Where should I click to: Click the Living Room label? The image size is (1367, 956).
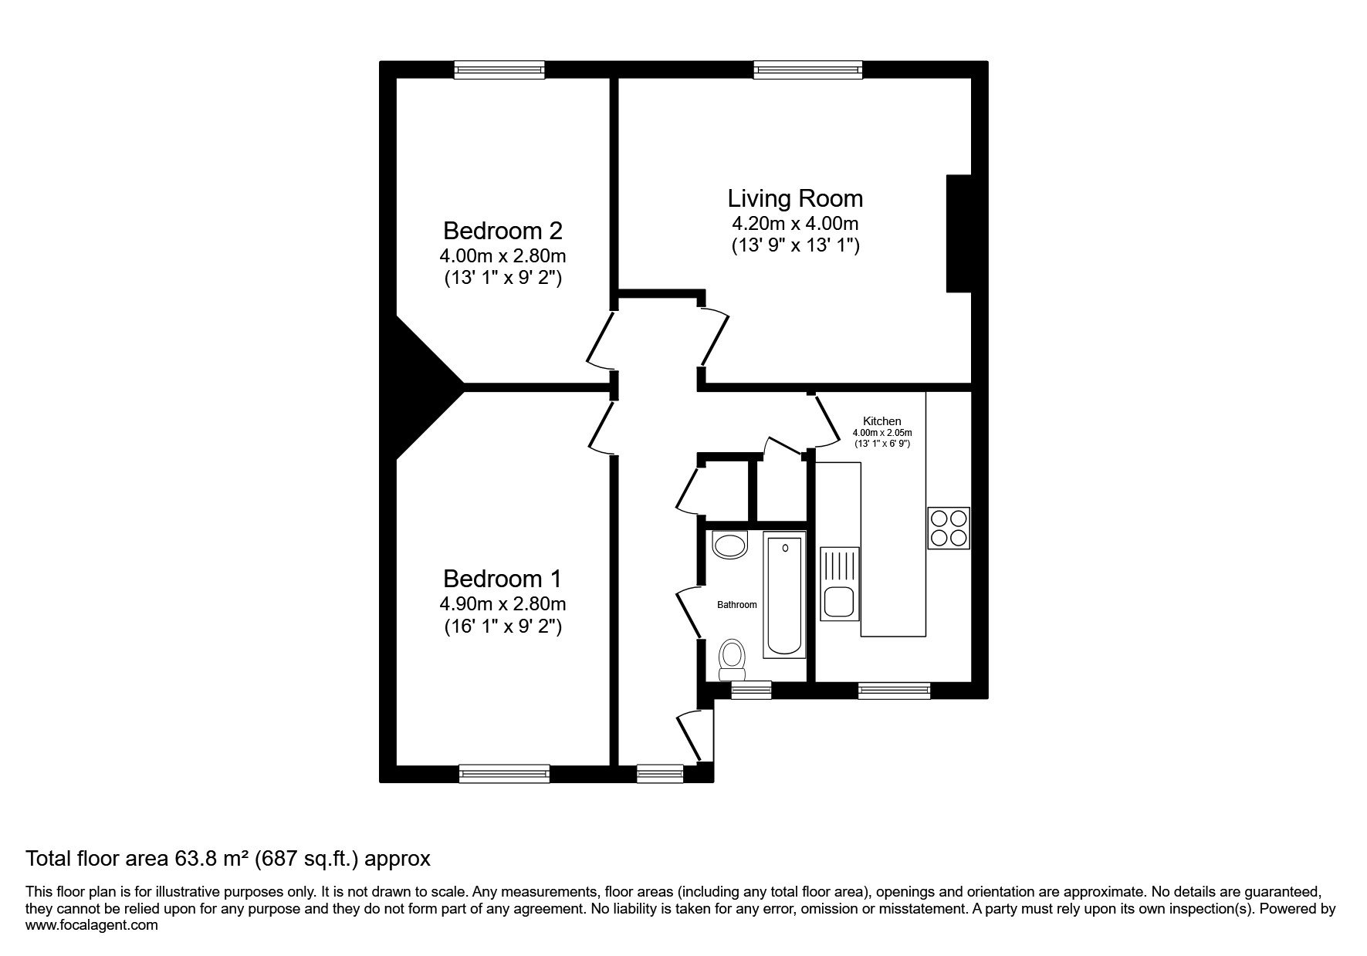[795, 198]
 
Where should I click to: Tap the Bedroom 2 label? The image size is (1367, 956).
[502, 231]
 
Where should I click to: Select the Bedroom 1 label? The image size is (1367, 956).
[502, 579]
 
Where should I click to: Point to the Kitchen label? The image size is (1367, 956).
[881, 421]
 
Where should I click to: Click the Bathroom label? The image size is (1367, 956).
[737, 605]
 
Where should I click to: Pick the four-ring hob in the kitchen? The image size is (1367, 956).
[949, 528]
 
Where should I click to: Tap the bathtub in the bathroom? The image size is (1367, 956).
[784, 594]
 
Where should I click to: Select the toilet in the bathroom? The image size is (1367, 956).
[731, 660]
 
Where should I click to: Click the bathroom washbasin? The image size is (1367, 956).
[730, 546]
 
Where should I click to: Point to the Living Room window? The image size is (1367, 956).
[807, 70]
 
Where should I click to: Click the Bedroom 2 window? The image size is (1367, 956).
[499, 70]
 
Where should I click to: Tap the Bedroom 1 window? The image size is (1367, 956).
[504, 773]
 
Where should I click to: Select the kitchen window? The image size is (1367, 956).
[894, 691]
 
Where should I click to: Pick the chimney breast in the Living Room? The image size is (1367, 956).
[959, 234]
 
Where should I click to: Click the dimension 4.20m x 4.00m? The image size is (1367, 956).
[795, 225]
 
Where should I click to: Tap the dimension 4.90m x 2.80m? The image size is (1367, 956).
[502, 603]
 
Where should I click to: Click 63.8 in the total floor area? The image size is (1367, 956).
[192, 858]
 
